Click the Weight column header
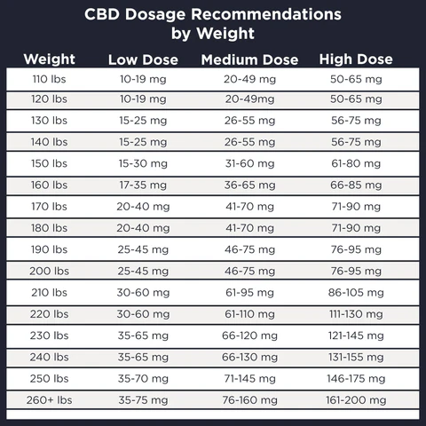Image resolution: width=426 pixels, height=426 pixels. click(49, 59)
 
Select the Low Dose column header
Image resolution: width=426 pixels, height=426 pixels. click(143, 60)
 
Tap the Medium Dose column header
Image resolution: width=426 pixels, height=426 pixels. click(249, 60)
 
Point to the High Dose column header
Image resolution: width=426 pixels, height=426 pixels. click(355, 60)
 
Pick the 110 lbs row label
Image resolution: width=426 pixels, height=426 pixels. click(49, 79)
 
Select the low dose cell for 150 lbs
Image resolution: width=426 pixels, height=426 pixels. click(143, 164)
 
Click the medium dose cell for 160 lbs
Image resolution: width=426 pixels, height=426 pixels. click(249, 185)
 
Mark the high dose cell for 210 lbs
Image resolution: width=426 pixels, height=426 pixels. click(355, 292)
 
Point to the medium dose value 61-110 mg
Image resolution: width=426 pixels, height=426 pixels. click(249, 313)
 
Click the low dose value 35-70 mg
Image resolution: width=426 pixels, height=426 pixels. click(143, 377)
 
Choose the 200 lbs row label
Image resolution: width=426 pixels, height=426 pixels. click(49, 271)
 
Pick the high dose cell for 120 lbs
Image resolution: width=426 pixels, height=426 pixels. click(355, 100)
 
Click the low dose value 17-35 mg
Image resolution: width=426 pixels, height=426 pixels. click(143, 185)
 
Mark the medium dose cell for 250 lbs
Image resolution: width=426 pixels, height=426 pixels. click(249, 377)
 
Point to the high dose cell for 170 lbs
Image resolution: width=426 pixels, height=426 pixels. click(355, 207)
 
